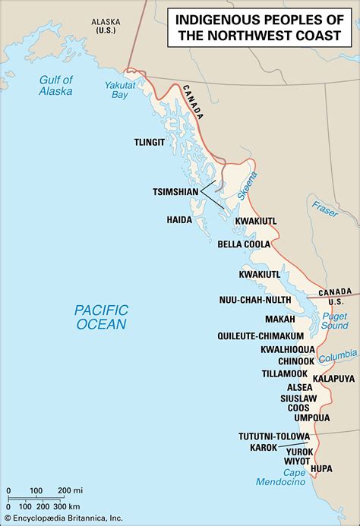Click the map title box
point(260,28)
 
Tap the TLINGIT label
point(149,142)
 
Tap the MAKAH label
point(280,320)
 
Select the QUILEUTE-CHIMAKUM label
point(268,335)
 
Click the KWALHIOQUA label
point(287,349)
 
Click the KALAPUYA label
point(333,377)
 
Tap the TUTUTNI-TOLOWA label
point(273,436)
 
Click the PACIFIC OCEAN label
point(100,317)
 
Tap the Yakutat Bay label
point(116,87)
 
